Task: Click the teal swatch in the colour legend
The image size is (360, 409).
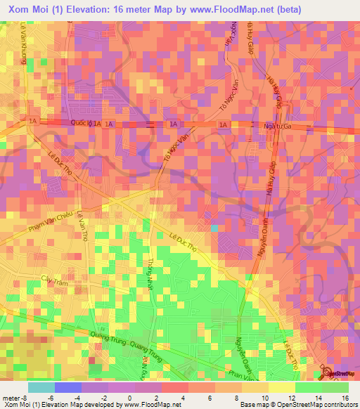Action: coord(41,387)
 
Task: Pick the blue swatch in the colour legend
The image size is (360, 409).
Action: coord(67,387)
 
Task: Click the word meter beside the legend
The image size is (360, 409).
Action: coord(11,398)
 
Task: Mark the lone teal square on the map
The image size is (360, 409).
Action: coord(214,228)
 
